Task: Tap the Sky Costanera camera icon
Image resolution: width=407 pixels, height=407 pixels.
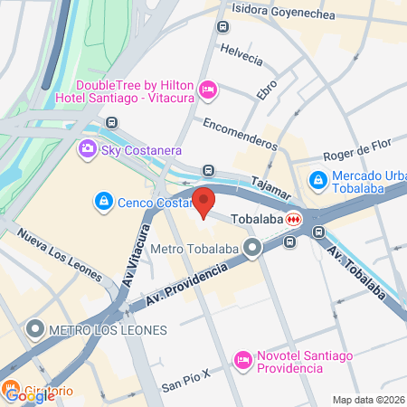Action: pos(88,148)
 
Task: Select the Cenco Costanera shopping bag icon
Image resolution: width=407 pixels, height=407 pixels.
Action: pos(105,200)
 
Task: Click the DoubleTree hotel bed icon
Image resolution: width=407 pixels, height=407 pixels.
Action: pos(207,89)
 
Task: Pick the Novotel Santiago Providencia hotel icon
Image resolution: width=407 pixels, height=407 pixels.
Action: pos(242,360)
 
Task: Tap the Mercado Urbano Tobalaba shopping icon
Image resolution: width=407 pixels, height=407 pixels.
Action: pos(317,181)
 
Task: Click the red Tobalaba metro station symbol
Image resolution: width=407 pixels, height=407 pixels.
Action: pos(294,219)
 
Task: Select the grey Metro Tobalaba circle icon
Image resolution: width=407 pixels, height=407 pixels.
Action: pos(254,246)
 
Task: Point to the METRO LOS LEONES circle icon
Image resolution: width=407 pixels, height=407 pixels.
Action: pos(36,327)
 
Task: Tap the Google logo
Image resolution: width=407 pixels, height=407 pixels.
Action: pos(20,393)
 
